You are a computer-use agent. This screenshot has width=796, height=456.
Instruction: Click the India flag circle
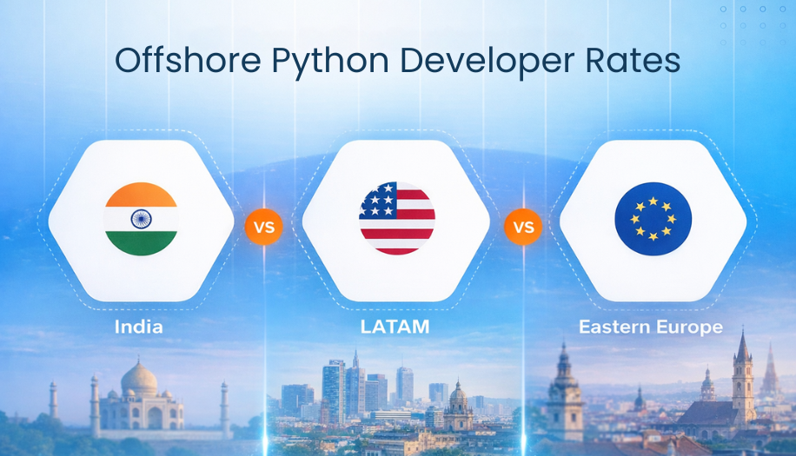click(141, 219)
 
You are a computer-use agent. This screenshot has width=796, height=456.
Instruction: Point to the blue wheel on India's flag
click(141, 219)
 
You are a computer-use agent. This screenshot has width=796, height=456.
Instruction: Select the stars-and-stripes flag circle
click(397, 218)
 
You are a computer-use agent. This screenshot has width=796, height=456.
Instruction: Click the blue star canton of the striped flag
click(379, 202)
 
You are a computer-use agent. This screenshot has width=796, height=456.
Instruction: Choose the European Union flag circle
click(653, 219)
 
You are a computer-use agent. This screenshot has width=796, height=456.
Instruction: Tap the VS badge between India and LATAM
click(263, 228)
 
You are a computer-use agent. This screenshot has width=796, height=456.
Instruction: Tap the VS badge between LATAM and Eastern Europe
click(522, 228)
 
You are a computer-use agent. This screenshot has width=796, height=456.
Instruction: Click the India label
click(139, 327)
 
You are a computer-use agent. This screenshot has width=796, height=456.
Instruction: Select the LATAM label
click(395, 327)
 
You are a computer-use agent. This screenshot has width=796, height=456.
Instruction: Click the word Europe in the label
click(691, 327)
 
